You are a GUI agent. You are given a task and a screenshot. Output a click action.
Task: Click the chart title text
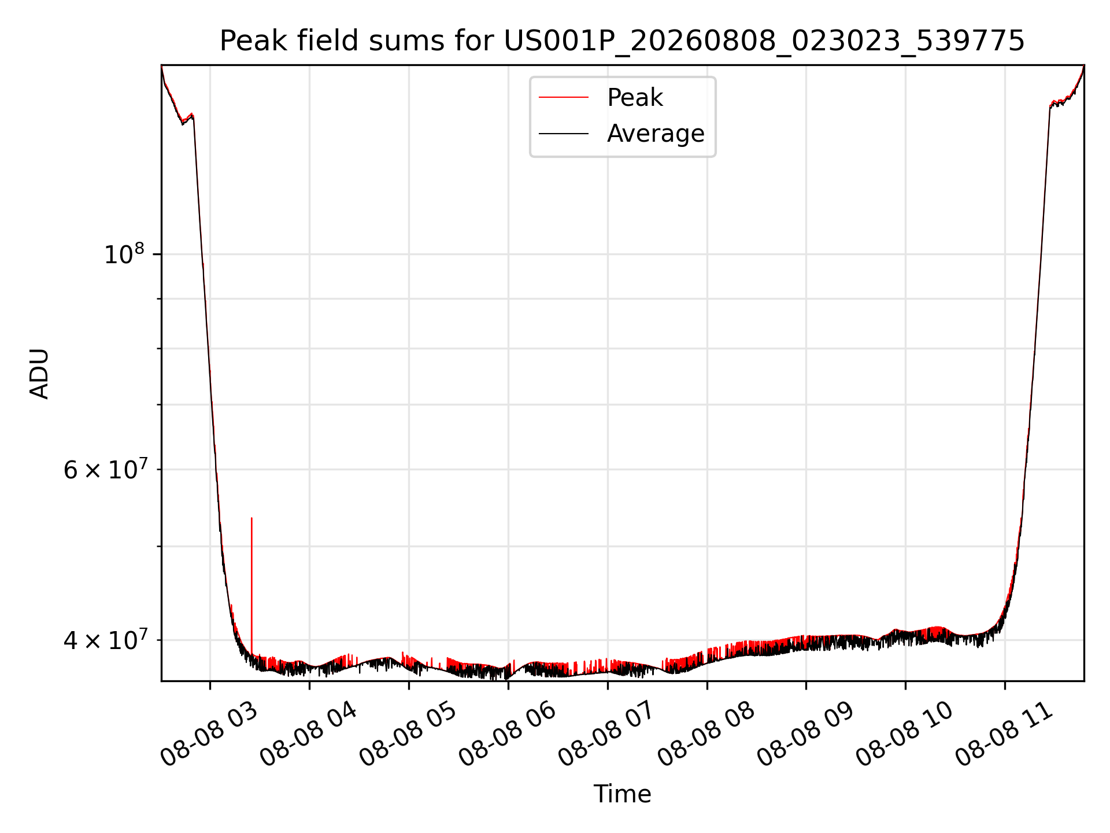622,41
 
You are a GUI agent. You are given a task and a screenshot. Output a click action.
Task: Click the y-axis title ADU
39,373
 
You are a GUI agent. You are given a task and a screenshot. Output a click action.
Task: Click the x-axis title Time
622,794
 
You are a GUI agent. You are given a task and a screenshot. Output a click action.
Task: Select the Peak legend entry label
635,98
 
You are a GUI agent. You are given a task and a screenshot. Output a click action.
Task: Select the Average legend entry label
656,134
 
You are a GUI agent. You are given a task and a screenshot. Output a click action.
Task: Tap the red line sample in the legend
564,98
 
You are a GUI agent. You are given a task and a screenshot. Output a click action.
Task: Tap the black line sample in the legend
564,134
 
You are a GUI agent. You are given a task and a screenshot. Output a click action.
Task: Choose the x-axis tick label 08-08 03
209,734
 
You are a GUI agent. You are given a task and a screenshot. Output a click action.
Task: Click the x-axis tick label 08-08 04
308,734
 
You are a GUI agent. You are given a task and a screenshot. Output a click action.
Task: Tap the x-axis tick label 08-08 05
408,734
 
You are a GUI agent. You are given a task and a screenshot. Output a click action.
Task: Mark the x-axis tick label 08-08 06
507,734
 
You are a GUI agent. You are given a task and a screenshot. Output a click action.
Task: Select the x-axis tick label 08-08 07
606,734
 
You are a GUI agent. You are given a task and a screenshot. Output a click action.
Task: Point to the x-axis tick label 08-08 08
706,734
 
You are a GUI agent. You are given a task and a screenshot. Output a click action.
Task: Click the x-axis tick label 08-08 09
805,734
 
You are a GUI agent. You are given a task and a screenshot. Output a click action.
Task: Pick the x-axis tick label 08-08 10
905,734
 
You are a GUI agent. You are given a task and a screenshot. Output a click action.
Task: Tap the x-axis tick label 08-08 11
1004,734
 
